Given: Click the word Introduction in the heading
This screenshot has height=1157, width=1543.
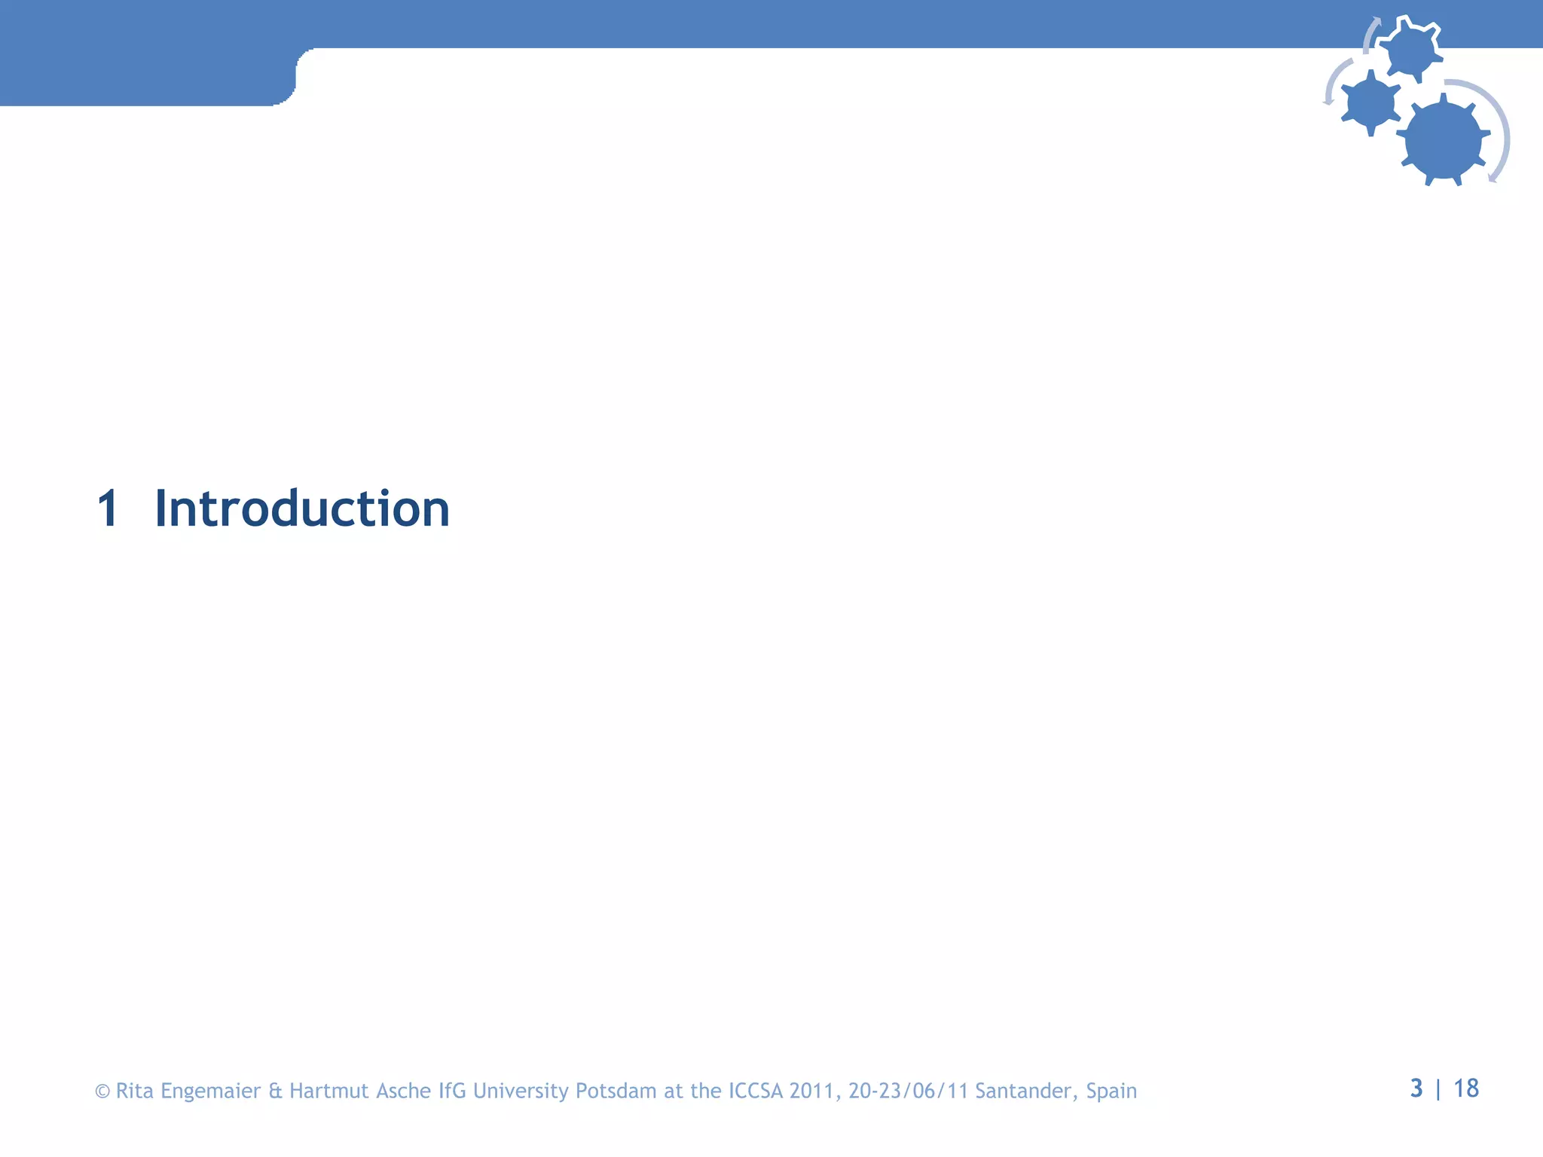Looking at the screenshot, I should [302, 509].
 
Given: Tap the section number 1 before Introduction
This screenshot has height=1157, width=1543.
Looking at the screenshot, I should [108, 509].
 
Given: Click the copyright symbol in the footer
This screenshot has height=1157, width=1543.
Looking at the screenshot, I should [102, 1091].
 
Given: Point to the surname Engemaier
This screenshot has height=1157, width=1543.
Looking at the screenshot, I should [210, 1091].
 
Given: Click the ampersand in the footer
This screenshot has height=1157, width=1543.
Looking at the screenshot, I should [275, 1091].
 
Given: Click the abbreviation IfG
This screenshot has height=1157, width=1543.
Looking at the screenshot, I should [452, 1091].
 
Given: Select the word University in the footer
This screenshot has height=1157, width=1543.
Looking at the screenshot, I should [521, 1091].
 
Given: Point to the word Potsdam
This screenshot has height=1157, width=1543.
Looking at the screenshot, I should [616, 1091].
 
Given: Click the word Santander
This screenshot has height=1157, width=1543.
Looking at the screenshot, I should [1027, 1091].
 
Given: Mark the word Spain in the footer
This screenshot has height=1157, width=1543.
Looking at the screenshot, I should [1111, 1091].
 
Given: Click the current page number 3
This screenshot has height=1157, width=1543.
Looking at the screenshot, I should [1416, 1088].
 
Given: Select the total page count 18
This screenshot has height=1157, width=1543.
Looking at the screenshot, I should [1466, 1088].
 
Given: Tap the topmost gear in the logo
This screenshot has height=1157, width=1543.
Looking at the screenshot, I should [1410, 50].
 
